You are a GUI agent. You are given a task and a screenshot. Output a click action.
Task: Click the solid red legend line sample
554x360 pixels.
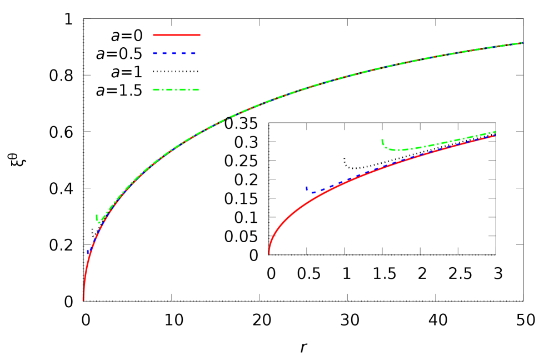[177, 35]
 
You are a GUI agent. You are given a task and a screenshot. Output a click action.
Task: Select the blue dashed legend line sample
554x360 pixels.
[174, 53]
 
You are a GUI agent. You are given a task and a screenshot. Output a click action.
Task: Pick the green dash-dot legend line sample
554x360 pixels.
[176, 89]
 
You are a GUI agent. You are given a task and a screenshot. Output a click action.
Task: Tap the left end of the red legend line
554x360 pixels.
[154, 35]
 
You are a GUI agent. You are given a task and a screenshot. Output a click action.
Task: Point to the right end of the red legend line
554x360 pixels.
[199, 35]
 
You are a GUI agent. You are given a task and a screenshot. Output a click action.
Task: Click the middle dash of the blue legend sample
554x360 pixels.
[174, 53]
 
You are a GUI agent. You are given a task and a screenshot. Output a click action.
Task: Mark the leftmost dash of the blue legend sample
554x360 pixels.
[156, 53]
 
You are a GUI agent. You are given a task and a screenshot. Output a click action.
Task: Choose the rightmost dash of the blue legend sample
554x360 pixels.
[192, 53]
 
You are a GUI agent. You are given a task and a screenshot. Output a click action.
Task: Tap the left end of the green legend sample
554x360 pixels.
[154, 89]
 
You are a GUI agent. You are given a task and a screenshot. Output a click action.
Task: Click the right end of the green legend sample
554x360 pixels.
[198, 89]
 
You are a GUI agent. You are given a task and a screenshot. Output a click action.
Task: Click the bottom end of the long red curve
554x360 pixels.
[83, 300]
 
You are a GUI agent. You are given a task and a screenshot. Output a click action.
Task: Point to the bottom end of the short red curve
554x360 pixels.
[269, 254]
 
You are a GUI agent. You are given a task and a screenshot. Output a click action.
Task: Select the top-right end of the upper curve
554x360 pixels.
[523, 43]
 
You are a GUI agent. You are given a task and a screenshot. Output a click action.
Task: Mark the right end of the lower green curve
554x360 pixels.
[495, 132]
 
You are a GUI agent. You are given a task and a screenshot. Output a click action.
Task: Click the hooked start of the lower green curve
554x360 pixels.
[382, 140]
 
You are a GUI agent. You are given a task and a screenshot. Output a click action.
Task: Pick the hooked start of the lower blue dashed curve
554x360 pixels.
[306, 188]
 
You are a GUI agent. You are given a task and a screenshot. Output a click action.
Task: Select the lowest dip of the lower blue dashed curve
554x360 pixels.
[313, 192]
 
